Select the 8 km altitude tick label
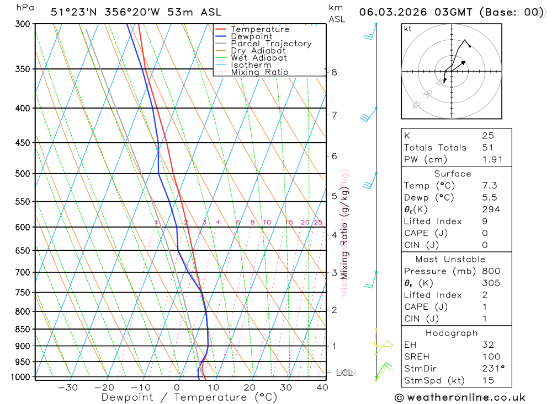[x=334, y=72]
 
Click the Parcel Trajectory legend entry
[x=271, y=44]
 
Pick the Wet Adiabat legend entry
[x=259, y=58]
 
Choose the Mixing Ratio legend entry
[x=259, y=72]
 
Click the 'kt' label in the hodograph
[x=408, y=29]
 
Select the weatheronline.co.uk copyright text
[x=460, y=397]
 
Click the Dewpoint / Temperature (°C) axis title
[x=189, y=397]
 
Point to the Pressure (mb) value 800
[x=491, y=271]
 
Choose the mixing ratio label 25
[x=318, y=222]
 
